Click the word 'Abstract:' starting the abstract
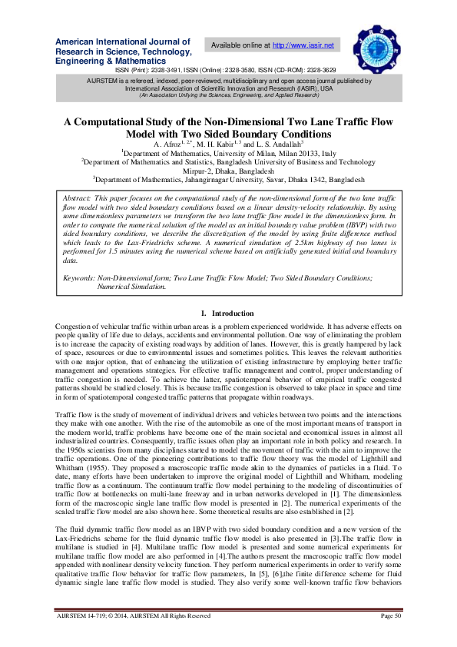pos(78,198)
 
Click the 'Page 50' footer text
pos(391,636)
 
